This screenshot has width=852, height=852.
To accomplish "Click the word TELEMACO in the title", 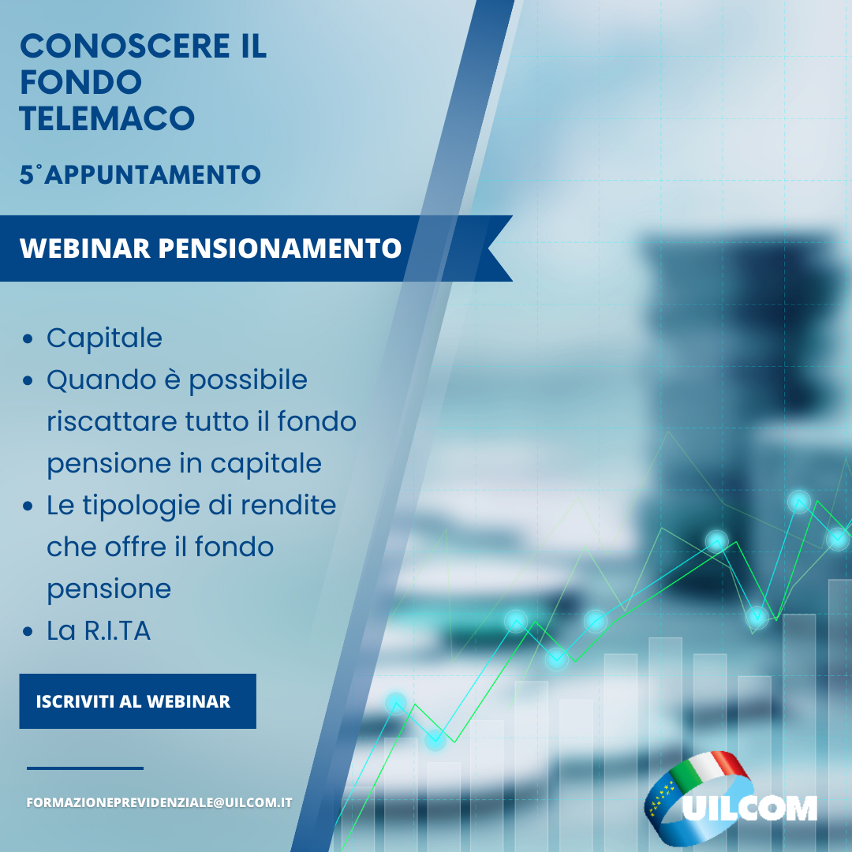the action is (107, 118).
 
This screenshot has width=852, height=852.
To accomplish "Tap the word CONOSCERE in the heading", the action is (125, 46).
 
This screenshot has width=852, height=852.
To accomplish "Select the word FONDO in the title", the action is (81, 82).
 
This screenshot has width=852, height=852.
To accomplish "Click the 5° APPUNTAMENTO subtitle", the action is (140, 174).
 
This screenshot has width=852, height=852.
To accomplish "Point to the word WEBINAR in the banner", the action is (84, 248).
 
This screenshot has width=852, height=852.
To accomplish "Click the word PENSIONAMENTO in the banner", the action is (280, 248).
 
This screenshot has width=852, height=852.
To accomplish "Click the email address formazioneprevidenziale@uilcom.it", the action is (159, 802).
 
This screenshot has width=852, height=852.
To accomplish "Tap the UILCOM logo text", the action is (750, 808).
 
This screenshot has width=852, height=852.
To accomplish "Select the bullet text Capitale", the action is (104, 338).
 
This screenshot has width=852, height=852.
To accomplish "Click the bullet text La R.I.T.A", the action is (99, 631).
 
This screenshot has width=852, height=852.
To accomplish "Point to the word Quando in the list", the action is (102, 379).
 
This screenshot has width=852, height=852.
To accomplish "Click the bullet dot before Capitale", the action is (28, 339).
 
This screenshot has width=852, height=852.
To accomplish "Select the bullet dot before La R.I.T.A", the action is (28, 632).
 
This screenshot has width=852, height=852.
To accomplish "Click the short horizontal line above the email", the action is (85, 768).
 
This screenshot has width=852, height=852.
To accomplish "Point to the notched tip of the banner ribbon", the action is (488, 248).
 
